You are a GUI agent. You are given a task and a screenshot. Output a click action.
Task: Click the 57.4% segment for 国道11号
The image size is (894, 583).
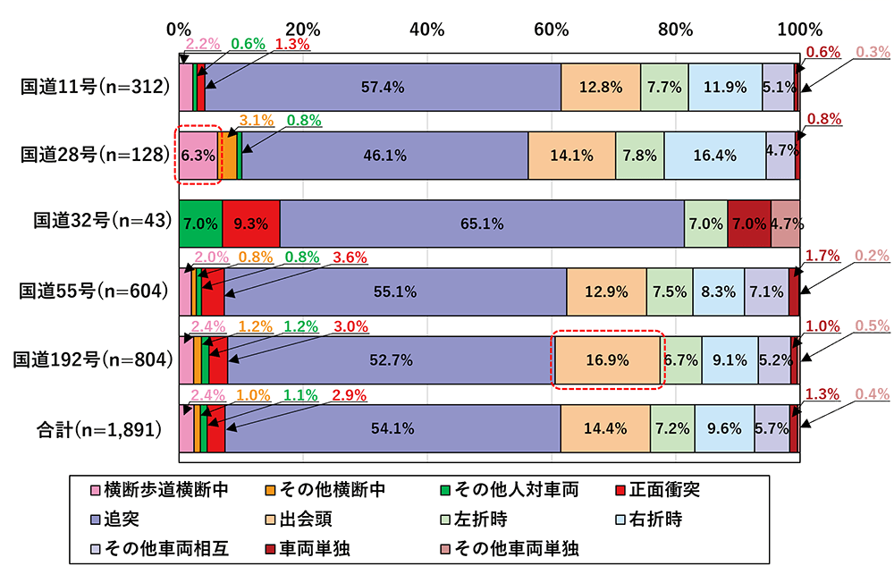coord(383,88)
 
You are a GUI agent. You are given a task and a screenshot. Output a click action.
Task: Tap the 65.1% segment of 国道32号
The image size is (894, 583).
coord(482,224)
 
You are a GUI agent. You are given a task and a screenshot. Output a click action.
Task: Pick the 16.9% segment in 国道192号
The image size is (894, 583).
coord(607,360)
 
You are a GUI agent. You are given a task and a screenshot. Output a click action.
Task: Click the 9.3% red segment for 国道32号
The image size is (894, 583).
coord(251,224)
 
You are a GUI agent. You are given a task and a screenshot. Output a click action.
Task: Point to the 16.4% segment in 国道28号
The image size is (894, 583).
coord(714,156)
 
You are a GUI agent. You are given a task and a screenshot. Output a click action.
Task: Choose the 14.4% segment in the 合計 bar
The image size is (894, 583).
coord(605,428)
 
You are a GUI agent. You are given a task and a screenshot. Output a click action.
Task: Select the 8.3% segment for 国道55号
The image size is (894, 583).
coord(718,291)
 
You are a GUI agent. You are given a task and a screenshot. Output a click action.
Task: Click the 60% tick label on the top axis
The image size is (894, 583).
coord(552,29)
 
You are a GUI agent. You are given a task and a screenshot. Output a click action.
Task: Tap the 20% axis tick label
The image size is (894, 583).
coord(304,29)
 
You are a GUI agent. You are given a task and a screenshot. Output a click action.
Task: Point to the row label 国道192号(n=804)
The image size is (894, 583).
coord(89,359)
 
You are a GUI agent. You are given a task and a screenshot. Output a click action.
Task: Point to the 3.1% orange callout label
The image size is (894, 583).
coord(256,120)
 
